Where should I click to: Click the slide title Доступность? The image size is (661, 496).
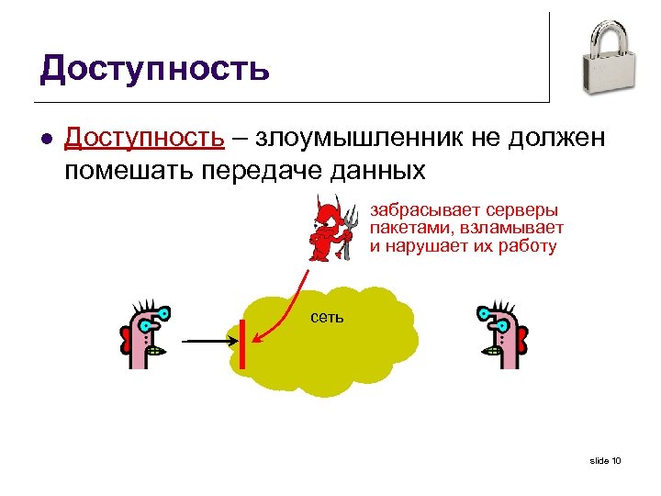click(x=154, y=67)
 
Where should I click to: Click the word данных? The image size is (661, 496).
click(x=379, y=170)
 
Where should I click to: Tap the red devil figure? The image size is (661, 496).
click(x=323, y=230)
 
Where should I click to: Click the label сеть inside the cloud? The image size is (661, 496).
click(x=329, y=318)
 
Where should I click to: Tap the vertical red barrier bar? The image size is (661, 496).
click(x=241, y=344)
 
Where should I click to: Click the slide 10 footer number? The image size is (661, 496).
click(x=605, y=460)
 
